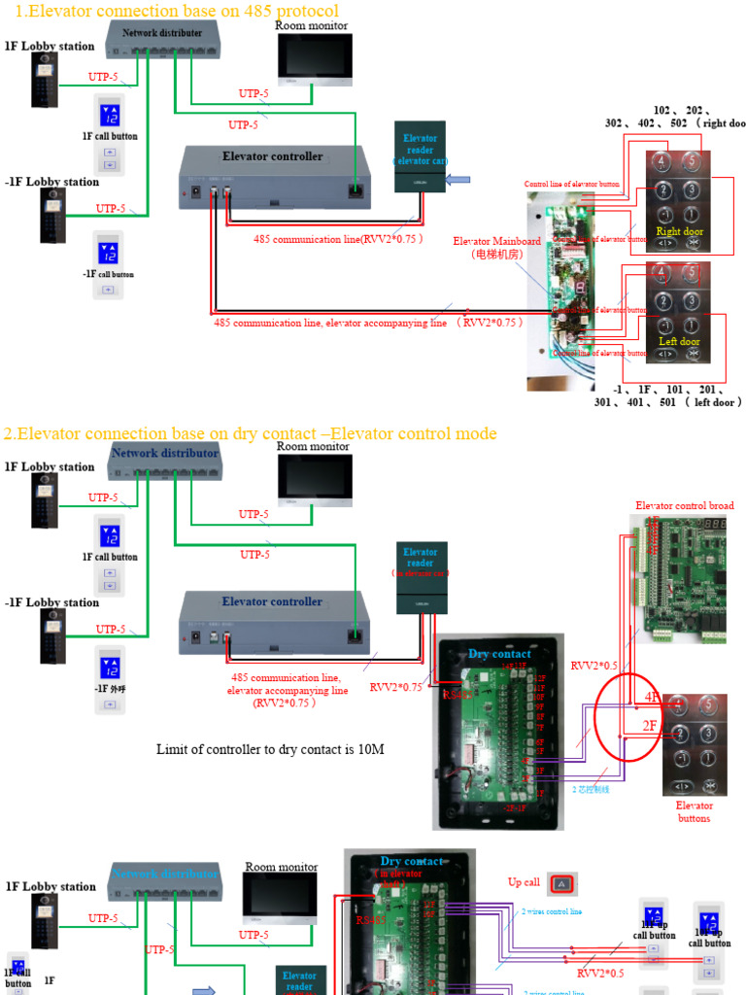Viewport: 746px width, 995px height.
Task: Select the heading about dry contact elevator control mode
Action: [250, 433]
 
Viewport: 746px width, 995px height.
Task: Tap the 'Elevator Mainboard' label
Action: [496, 241]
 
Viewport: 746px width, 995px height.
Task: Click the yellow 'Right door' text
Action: [679, 231]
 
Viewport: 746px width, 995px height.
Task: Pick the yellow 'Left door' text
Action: [679, 342]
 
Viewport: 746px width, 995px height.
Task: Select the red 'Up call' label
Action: [524, 882]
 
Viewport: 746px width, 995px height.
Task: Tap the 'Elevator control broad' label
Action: [685, 505]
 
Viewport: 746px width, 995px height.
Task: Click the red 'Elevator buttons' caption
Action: [695, 811]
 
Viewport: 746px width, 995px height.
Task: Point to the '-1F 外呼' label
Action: [110, 688]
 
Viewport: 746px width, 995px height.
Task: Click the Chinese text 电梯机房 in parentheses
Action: [496, 255]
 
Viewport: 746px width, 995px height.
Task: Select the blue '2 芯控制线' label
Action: [591, 790]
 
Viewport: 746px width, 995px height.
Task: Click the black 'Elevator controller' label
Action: [272, 156]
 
